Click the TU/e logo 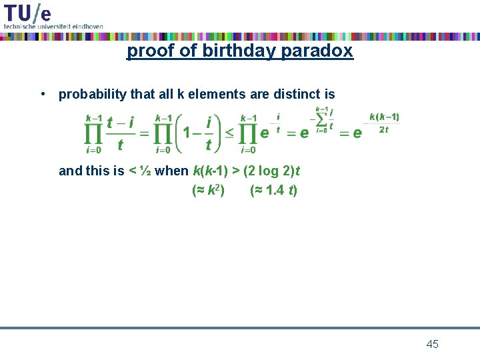pos(27,12)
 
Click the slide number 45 pos(432,344)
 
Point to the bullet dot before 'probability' pos(42,94)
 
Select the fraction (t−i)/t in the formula pos(121,133)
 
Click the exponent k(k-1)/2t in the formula pos(384,123)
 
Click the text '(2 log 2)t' pos(271,171)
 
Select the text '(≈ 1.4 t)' pos(273,191)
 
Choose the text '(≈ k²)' pos(207,191)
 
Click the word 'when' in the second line pos(171,171)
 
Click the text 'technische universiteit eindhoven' pos(53,26)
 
